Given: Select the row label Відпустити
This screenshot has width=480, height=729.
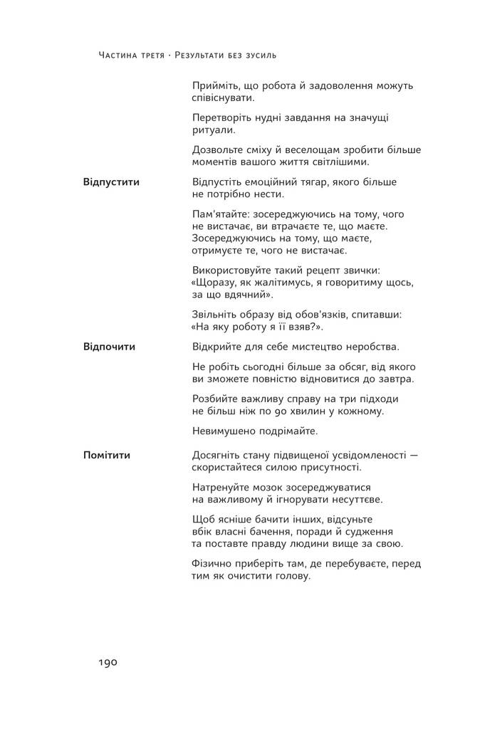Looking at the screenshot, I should [x=111, y=182].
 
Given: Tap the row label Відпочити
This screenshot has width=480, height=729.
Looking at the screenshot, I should [x=109, y=347].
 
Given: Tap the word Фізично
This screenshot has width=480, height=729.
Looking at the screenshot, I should [x=212, y=563].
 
